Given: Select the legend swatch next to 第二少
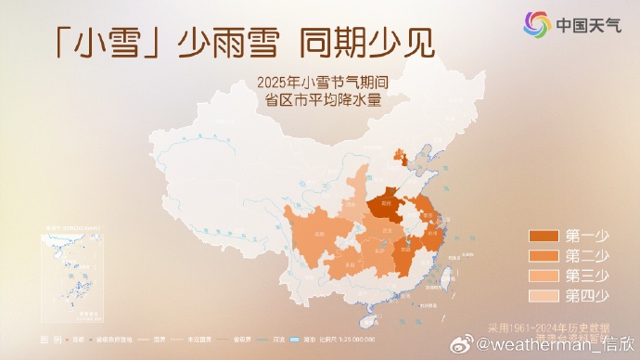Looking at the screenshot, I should click(x=544, y=255).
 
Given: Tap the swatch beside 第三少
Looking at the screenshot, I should click(x=544, y=276).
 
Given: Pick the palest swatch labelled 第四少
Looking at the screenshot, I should click(x=544, y=296).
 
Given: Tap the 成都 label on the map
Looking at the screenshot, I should click(x=321, y=235).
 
